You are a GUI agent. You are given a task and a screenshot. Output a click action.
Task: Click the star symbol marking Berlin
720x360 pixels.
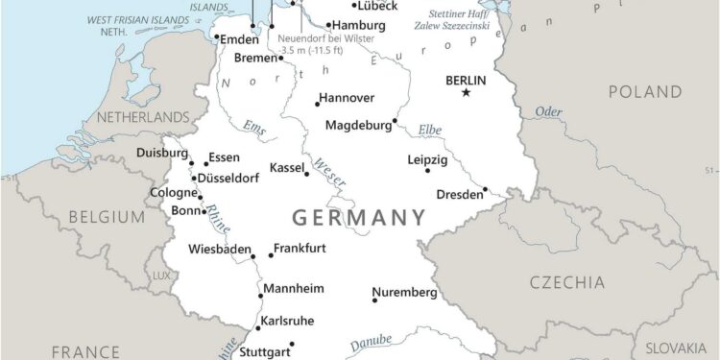point(467,93)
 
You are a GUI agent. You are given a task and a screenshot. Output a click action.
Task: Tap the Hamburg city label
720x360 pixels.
point(359,26)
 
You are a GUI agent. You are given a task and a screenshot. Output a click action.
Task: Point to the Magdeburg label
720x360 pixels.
point(359,125)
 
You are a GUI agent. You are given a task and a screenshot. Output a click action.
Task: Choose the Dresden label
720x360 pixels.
point(460,194)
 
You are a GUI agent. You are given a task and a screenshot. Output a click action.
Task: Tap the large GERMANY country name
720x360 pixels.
point(358,217)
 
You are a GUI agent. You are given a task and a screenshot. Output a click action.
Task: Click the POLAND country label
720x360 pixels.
point(644,91)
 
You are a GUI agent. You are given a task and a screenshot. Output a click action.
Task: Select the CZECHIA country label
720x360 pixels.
point(567,282)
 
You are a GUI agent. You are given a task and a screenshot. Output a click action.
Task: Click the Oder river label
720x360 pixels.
point(548,113)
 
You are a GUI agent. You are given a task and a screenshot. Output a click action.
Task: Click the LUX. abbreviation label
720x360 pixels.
point(160,276)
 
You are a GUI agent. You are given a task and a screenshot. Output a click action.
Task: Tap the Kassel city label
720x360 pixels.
point(286,167)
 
